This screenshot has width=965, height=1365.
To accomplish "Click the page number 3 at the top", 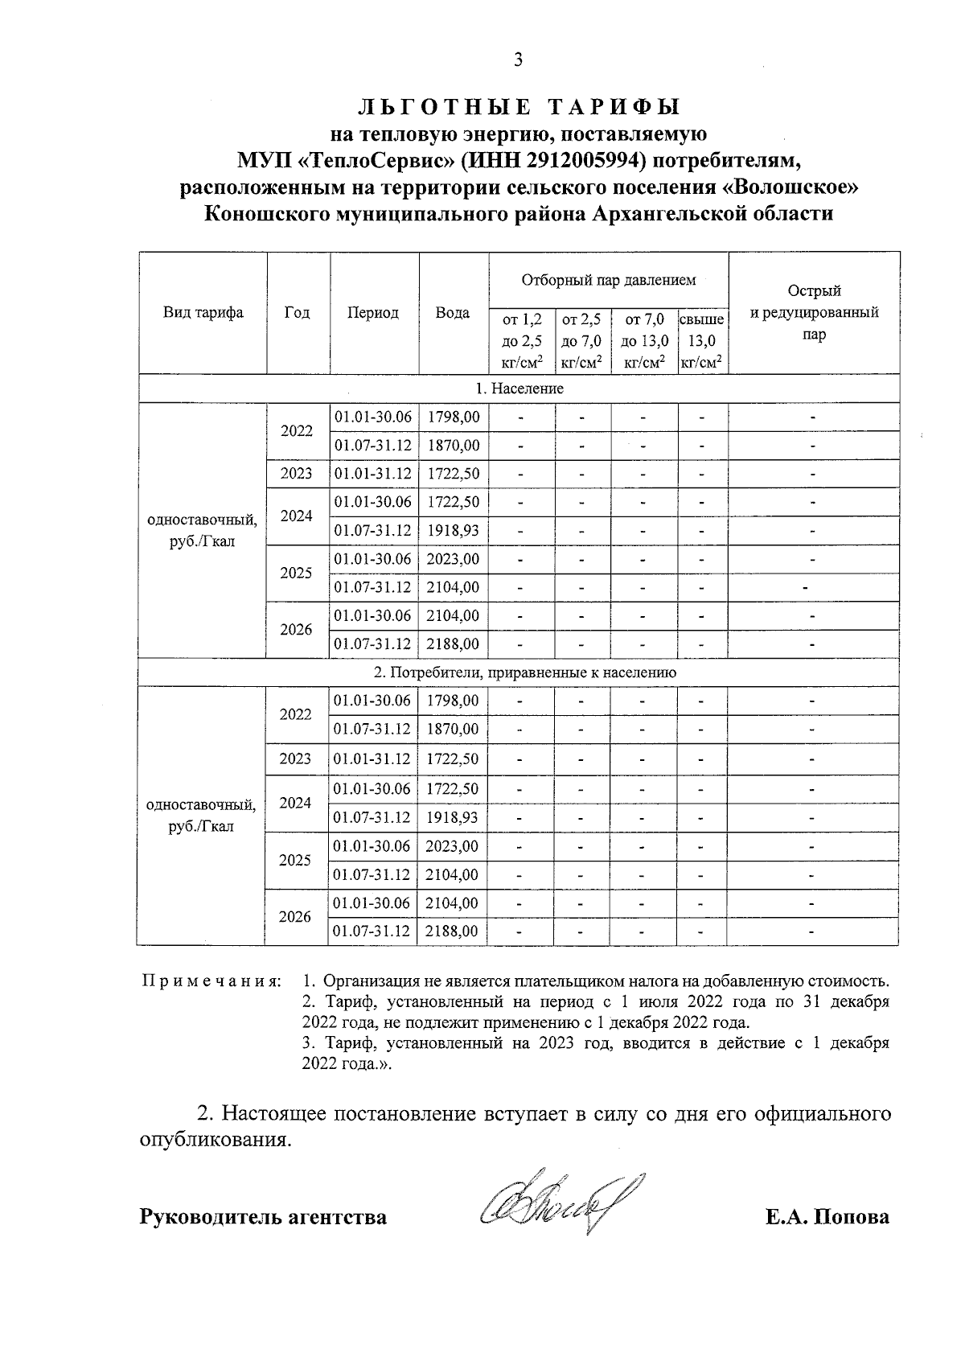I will [518, 60].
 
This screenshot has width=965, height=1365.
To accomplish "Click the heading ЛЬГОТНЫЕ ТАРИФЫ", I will [519, 107].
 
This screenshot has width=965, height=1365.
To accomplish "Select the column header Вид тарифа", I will [203, 313].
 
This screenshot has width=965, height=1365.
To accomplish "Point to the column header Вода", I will [453, 313].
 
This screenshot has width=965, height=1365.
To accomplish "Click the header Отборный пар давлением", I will [608, 281].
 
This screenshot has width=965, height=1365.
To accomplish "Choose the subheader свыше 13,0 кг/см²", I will [701, 341].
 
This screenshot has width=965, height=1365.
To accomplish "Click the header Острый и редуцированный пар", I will [814, 313].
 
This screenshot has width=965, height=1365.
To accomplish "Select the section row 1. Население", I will [519, 389].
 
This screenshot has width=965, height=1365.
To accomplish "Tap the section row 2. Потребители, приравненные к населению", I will [519, 672].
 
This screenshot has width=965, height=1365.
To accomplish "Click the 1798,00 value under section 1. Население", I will [454, 417].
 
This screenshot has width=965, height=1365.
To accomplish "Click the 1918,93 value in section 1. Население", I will [454, 531].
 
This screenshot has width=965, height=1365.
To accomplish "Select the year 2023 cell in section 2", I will [296, 759].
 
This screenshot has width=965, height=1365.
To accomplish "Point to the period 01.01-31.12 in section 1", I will [373, 474].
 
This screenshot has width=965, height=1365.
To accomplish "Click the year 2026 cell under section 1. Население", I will [296, 630].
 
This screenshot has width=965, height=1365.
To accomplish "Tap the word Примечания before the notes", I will [211, 981].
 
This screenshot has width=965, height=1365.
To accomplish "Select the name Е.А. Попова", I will [827, 1216].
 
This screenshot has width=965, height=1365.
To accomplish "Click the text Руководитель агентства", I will [264, 1216].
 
